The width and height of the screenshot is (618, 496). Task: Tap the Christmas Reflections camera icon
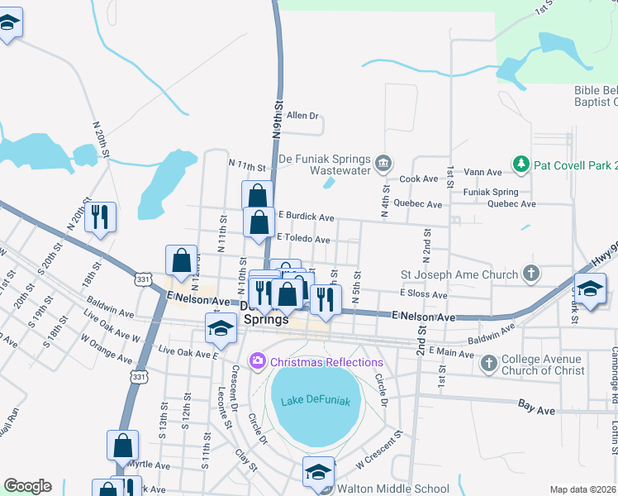(258, 361)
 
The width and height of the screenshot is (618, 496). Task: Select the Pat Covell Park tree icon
(521, 164)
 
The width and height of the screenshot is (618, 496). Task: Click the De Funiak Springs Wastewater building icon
(383, 162)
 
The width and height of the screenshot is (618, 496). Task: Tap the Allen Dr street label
(302, 117)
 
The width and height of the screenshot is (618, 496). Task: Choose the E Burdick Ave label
(305, 218)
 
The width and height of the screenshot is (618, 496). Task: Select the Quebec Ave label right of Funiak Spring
(511, 203)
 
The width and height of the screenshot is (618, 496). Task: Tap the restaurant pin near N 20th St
(100, 217)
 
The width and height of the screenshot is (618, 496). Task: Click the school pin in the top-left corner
(7, 24)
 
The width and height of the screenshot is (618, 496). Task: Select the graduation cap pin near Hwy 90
(590, 289)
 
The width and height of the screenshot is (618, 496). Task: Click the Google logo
(27, 486)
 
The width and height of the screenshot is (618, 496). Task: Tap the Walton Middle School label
(394, 489)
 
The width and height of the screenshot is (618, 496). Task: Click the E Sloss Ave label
(423, 294)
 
